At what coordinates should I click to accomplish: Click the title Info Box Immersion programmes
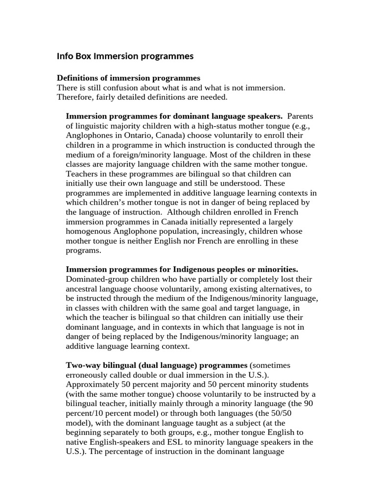point(125,56)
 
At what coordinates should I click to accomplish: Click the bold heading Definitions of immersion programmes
point(128,78)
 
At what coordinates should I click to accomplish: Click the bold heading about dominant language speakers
point(174,116)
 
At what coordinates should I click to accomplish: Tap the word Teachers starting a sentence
point(82,174)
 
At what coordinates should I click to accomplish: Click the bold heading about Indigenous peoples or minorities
point(182,270)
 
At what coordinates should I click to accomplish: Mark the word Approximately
point(91,385)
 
